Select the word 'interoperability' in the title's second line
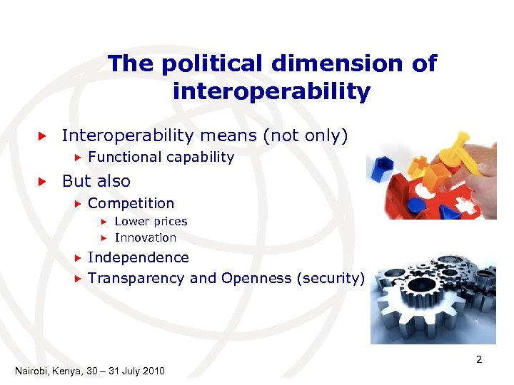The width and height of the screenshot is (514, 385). (x=271, y=91)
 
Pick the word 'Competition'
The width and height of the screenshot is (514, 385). (x=131, y=203)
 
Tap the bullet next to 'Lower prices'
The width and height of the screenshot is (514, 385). (x=103, y=222)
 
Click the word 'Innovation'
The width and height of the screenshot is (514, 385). (x=145, y=237)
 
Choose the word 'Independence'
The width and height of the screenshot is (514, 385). (x=138, y=257)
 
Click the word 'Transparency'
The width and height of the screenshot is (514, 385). (x=136, y=278)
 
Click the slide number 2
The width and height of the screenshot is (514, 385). (x=479, y=359)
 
